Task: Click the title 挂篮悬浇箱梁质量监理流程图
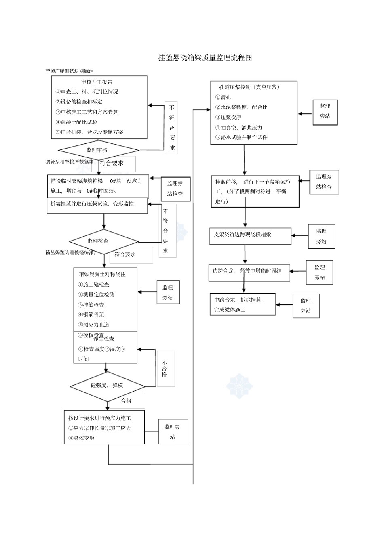click(x=205, y=58)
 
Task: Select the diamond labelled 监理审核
click(x=97, y=150)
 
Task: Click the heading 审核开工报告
click(x=97, y=82)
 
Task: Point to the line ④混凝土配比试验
click(x=76, y=122)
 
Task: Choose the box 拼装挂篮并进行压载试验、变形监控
click(x=92, y=204)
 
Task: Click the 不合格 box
click(x=165, y=369)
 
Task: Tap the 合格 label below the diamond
click(x=127, y=401)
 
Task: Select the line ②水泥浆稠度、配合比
click(x=241, y=107)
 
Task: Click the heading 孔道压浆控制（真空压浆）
click(x=249, y=87)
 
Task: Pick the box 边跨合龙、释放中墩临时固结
click(x=247, y=271)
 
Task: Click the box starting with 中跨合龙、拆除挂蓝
click(x=238, y=305)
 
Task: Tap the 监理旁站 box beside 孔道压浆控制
click(x=325, y=111)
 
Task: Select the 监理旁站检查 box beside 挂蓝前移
click(x=324, y=182)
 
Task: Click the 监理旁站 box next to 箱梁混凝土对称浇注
click(x=167, y=293)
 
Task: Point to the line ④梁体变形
click(x=81, y=438)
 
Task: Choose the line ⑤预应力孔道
click(x=93, y=325)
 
